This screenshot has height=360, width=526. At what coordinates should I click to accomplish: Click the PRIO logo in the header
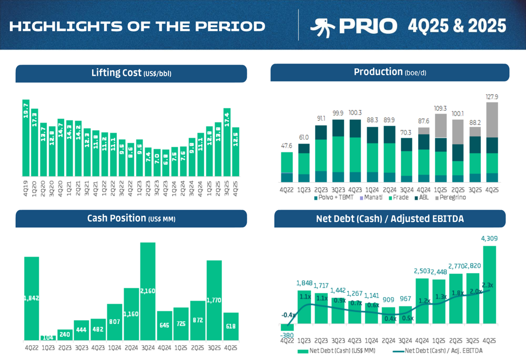click(353, 26)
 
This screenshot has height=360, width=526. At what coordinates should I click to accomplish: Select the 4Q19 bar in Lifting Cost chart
click(26, 138)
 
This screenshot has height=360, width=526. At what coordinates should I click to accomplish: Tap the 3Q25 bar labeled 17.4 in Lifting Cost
click(227, 142)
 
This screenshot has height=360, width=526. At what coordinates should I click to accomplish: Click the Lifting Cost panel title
click(131, 73)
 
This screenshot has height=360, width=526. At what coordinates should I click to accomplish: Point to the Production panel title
click(389, 73)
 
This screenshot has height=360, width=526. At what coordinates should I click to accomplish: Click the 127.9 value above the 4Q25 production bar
click(491, 97)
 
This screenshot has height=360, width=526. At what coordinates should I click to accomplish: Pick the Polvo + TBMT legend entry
click(336, 198)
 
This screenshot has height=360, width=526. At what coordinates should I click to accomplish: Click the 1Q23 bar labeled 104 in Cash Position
click(48, 337)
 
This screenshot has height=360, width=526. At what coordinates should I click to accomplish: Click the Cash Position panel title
click(131, 218)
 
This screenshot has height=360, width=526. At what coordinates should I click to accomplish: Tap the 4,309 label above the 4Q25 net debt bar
click(490, 239)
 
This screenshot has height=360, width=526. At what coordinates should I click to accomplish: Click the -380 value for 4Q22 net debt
click(287, 335)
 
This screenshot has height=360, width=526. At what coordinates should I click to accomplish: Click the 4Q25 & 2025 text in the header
click(457, 26)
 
